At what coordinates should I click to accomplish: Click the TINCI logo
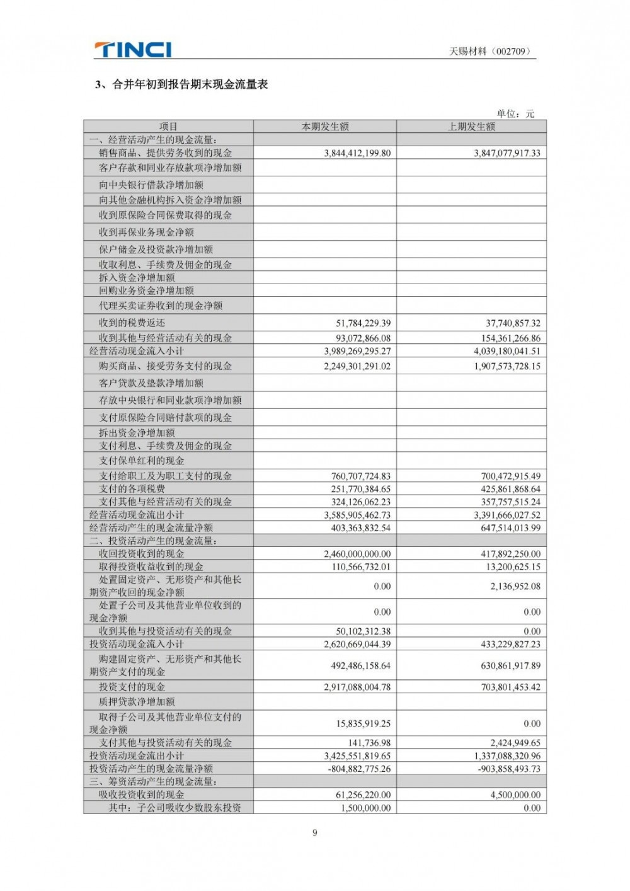pos(132,49)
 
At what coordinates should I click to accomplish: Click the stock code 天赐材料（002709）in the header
pos(490,52)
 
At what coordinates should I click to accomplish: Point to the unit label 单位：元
pos(515,113)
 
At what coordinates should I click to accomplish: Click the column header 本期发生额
pos(325,127)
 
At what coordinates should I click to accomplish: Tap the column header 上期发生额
pos(471,127)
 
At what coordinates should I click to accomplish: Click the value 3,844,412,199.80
pos(357,153)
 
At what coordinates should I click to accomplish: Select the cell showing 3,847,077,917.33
pos(507,153)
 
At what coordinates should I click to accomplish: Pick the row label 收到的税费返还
pos(132,323)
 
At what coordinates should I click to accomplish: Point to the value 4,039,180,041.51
pos(507,351)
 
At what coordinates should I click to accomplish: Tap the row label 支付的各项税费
pos(132,489)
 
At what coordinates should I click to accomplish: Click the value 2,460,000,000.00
pos(357,554)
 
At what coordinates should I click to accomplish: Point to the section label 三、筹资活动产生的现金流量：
pos(154,782)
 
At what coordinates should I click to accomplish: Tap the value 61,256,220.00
pos(363,795)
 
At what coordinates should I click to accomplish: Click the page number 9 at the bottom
pos(315,833)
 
